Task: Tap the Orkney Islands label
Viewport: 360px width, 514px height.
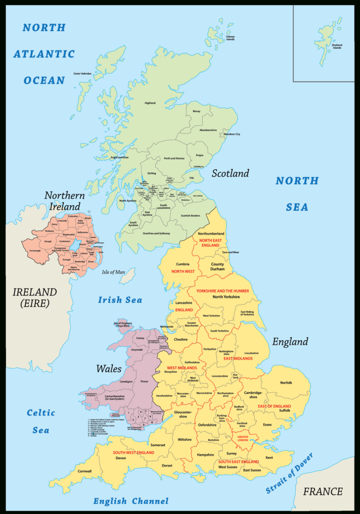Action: pos(230,38)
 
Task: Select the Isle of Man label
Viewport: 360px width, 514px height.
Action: pos(113,272)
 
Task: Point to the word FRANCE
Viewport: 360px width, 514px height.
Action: pos(323,491)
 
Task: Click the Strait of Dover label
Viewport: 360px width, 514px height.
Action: pos(289,473)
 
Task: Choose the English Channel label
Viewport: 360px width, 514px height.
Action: pos(131,501)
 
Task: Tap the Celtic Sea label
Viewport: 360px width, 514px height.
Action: pos(41,421)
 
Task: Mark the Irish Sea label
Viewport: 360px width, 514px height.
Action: pos(120,300)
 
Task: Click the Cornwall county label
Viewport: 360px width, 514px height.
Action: pos(85,471)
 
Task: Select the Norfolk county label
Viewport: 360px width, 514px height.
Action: pos(286,382)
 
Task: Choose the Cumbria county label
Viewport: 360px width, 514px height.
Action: pos(182,264)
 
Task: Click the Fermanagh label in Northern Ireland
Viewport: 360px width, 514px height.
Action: pos(35,251)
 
